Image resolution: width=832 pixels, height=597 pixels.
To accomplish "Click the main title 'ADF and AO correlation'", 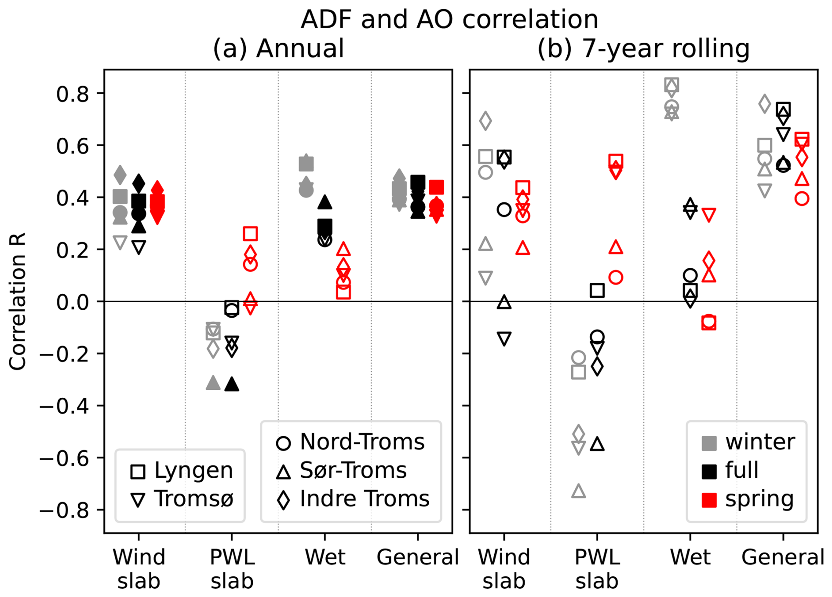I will tap(449, 19).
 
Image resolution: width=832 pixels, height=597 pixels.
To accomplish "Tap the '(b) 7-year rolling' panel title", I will tap(643, 48).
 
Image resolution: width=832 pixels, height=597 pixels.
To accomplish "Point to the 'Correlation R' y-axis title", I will tap(18, 301).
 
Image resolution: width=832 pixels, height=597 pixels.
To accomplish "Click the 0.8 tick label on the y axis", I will tap(73, 94).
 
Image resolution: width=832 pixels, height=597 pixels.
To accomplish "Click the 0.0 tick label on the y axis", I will tap(73, 302).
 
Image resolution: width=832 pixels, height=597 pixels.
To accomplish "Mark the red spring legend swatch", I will tap(709, 500).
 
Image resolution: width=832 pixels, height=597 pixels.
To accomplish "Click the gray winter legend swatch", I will tap(709, 443).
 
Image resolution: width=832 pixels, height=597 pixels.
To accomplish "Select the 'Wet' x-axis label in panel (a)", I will tap(325, 557).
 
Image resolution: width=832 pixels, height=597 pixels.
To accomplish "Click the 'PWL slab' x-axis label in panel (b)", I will tap(597, 569).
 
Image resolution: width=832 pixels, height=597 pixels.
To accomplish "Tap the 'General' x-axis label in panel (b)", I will tap(783, 557).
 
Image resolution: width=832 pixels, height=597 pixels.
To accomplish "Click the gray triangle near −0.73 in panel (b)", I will tap(579, 491).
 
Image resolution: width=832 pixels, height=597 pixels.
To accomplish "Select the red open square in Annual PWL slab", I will tap(250, 234).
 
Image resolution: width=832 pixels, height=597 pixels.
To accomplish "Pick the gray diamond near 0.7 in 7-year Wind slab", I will tap(485, 121).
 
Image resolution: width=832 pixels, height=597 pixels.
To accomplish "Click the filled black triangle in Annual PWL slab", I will tap(232, 385).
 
